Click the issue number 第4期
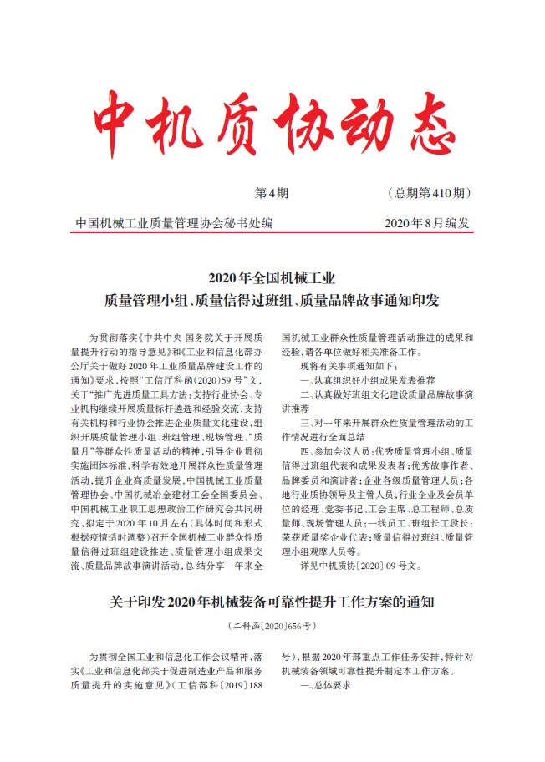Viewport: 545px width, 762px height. (271, 194)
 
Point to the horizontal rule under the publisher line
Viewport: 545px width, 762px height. (272, 234)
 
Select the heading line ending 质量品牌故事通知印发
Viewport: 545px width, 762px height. (272, 298)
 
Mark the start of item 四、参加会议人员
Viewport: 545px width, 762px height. (306, 452)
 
